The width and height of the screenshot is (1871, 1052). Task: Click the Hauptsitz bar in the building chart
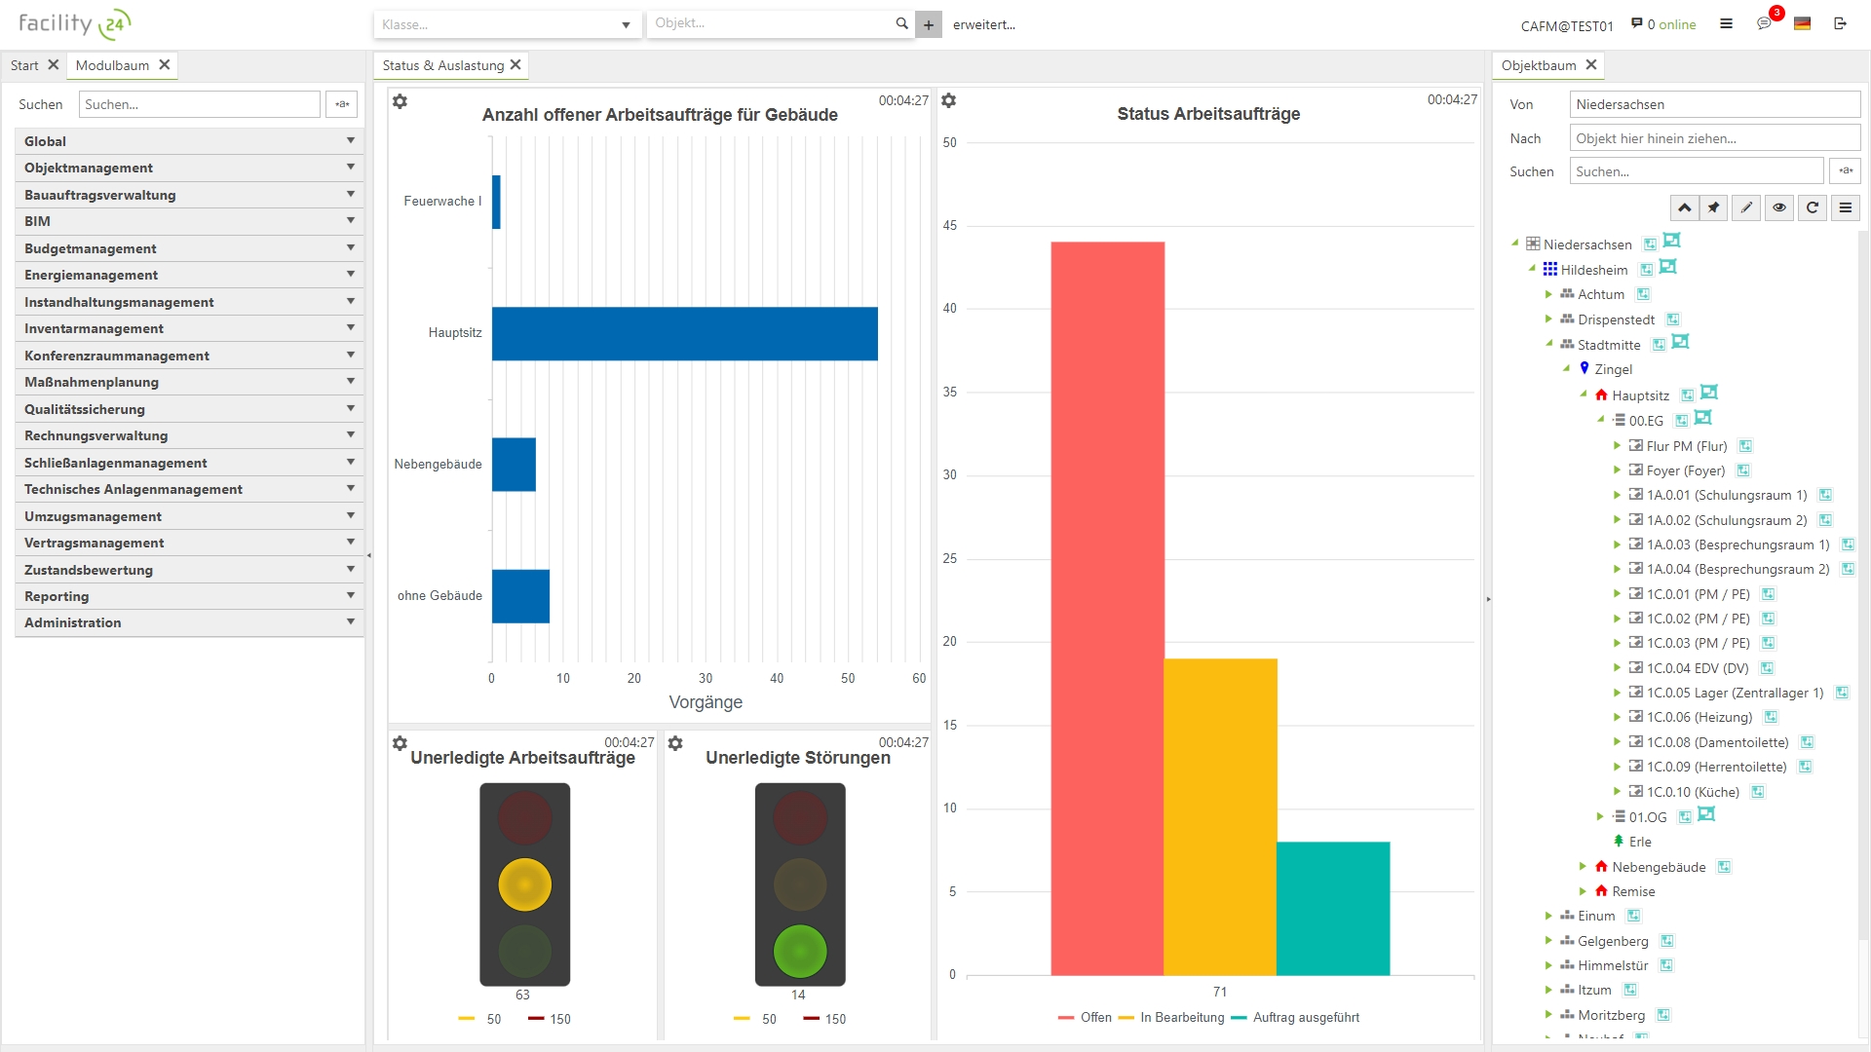[684, 333]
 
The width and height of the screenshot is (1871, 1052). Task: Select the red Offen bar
[1107, 608]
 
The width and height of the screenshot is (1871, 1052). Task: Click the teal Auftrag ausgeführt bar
[1333, 908]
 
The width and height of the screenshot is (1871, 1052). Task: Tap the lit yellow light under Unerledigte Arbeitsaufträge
[524, 884]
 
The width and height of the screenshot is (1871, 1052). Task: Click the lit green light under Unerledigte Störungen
[800, 951]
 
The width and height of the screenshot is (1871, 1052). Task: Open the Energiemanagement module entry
[92, 275]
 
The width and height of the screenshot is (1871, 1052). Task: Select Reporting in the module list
[57, 596]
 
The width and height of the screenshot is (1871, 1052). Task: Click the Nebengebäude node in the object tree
[1659, 867]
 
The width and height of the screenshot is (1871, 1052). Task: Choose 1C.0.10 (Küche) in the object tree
[1693, 792]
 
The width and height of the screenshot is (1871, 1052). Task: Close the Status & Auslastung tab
[516, 65]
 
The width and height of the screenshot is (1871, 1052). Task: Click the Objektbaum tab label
[1538, 65]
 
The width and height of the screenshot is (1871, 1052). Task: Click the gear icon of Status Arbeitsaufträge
[949, 100]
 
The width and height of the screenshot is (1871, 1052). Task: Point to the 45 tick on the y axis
[950, 225]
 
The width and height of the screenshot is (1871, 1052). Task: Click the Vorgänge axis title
[706, 702]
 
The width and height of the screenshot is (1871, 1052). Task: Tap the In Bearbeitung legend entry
[1181, 1017]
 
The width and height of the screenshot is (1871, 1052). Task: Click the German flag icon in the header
[1802, 24]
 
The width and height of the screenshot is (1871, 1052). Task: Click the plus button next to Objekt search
[929, 25]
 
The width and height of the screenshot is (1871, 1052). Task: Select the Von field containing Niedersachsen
[1714, 104]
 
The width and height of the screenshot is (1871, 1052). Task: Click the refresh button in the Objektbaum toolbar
[1812, 207]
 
